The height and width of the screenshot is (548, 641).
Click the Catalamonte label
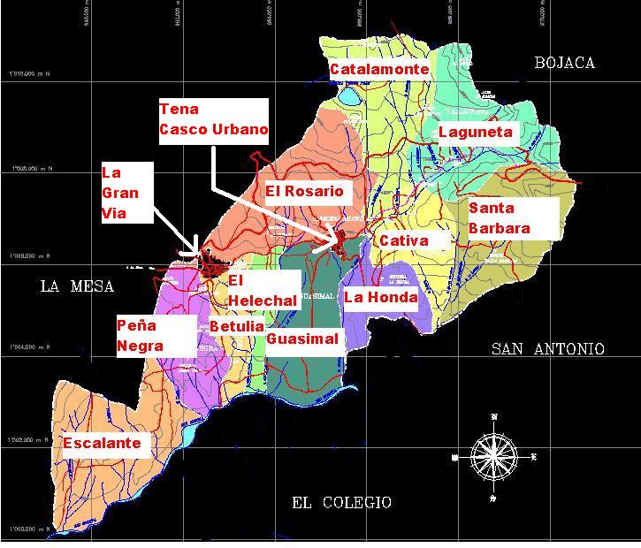coord(379,69)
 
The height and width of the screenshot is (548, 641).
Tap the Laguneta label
coord(476,132)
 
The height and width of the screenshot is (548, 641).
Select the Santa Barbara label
coord(500,217)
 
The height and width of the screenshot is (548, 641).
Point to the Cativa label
coord(404,240)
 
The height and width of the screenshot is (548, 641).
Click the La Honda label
coord(380,298)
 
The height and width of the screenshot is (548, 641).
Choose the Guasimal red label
coord(302,339)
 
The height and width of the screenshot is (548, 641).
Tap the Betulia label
coord(236,326)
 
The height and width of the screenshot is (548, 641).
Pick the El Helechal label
coord(262,291)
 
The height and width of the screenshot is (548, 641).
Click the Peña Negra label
coord(141,336)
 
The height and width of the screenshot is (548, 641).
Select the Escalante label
coord(102,443)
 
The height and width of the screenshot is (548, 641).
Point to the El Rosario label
coord(304,191)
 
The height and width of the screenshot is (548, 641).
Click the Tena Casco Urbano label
coord(213,119)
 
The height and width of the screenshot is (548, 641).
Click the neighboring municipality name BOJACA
coord(564,63)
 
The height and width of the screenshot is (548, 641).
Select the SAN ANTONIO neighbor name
coord(547,349)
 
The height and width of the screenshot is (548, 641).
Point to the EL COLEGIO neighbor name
coord(341,502)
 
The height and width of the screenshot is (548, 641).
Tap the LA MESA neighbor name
coord(77,286)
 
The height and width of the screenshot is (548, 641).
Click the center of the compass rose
coord(494,457)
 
